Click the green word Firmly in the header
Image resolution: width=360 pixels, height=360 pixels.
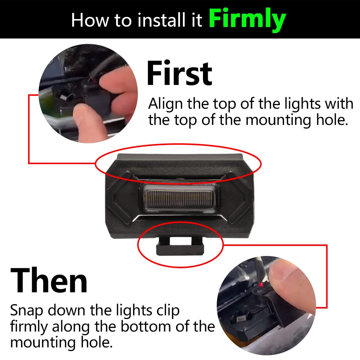tap(247, 20)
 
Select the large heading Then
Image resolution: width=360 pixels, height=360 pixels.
tap(49, 281)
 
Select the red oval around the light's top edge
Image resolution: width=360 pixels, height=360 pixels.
tap(178, 146)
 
